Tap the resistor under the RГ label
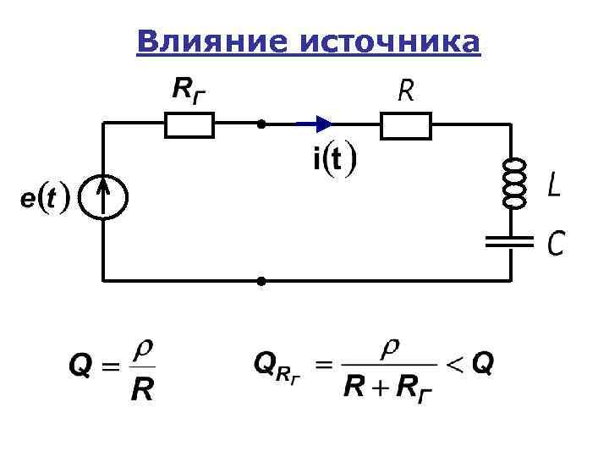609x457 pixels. click(188, 126)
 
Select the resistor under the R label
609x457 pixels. click(405, 126)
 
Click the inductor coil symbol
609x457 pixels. click(513, 183)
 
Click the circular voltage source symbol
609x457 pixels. click(103, 198)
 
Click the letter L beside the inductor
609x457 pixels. click(552, 185)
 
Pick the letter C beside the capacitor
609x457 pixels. click(555, 244)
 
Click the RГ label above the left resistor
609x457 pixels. click(188, 90)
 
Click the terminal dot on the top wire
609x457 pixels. click(261, 125)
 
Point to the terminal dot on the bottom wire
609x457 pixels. click(261, 279)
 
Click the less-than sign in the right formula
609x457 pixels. click(455, 365)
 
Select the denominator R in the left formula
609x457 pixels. click(141, 391)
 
